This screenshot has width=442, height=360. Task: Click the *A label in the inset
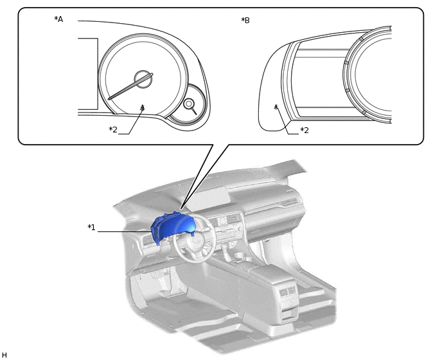coord(58,19)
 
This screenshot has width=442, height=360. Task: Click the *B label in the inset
coord(245,21)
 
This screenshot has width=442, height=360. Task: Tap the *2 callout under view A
coord(113,130)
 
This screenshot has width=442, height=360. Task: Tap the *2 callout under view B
coord(305,130)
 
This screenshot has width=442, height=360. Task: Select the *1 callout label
coord(92,227)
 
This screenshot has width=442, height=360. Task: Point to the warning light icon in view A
coord(142,108)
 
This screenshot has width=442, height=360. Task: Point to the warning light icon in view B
coord(276,107)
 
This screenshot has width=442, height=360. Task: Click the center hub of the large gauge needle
coord(142,80)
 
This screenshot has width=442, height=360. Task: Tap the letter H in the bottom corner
coord(4,355)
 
